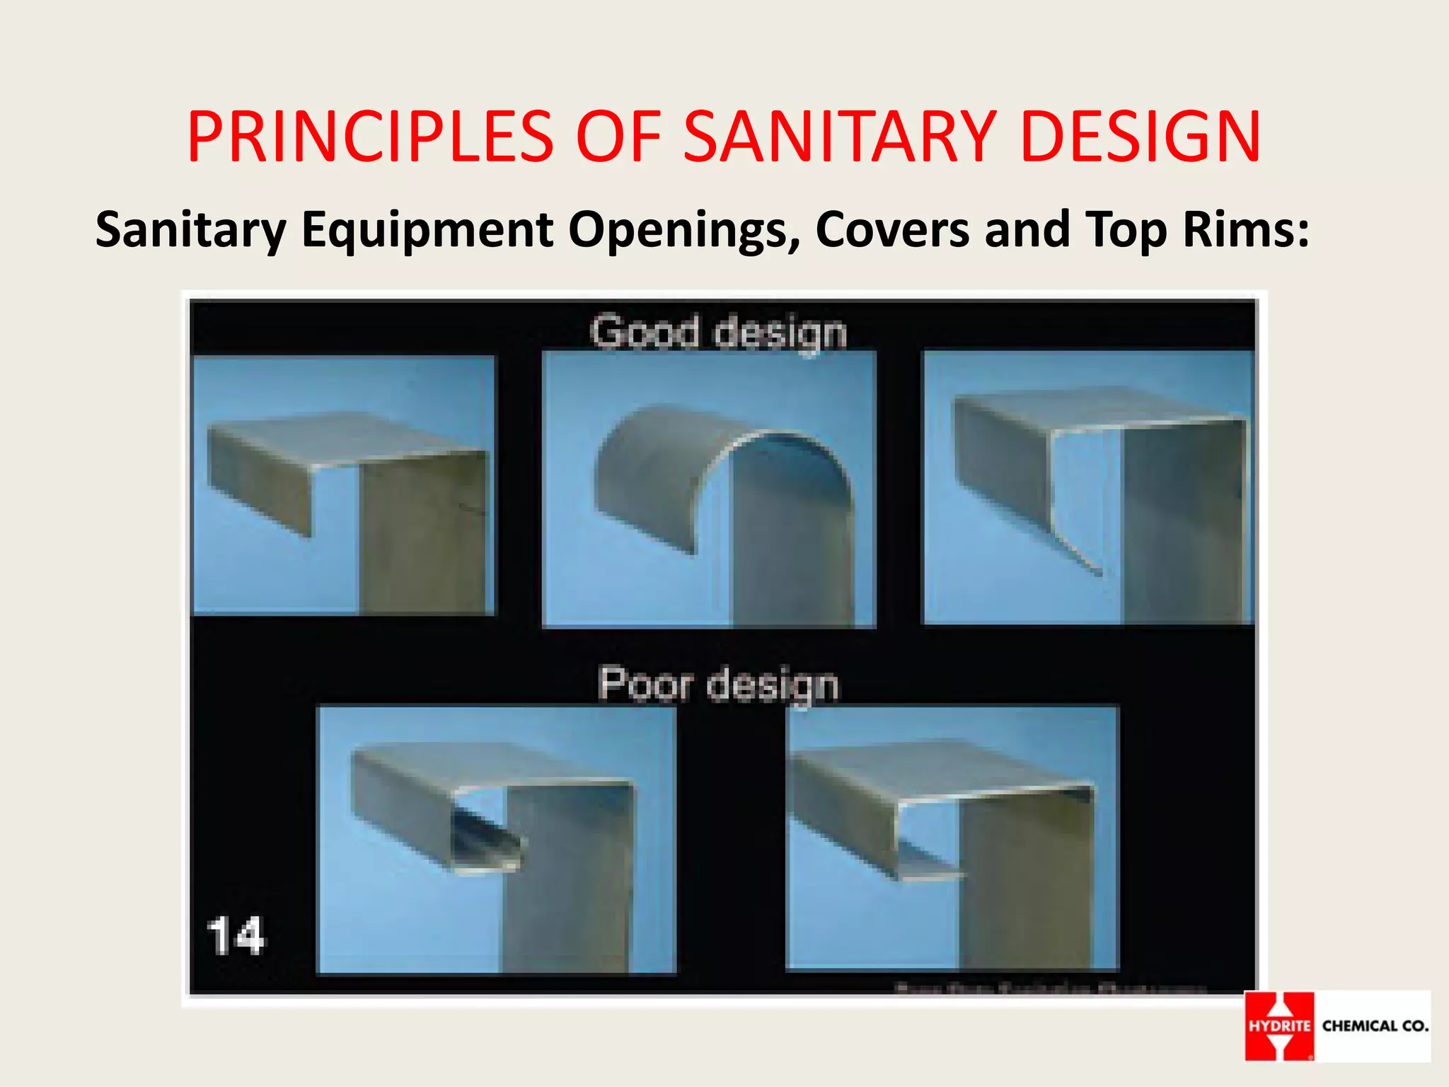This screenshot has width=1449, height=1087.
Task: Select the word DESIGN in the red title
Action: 1141,137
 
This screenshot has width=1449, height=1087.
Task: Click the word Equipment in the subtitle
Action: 427,231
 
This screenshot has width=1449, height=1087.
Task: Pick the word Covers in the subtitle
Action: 892,229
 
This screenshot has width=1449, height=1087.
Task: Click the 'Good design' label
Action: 718,332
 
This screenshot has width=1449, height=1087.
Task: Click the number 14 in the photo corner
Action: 236,936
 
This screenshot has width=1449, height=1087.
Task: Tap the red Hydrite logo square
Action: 1279,1025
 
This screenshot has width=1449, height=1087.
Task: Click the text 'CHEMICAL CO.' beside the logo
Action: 1375,1025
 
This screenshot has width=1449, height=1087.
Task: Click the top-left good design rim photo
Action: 345,485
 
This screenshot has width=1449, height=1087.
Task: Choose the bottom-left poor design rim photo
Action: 496,840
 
